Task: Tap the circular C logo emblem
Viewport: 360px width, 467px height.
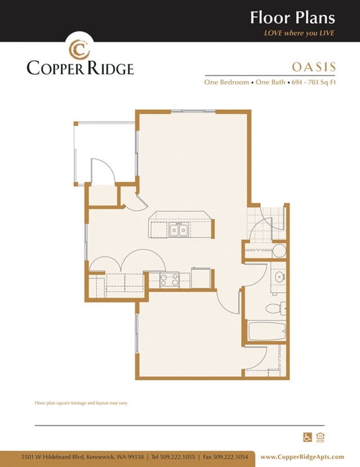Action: (x=80, y=48)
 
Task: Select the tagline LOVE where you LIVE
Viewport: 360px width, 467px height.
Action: (x=299, y=33)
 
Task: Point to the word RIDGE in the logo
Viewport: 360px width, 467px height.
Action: (x=107, y=69)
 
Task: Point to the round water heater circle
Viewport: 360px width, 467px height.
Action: (x=279, y=251)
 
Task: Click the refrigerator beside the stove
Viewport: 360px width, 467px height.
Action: (x=201, y=279)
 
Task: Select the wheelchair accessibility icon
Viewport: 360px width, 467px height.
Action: (x=308, y=437)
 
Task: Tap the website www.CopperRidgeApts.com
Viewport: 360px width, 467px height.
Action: (x=302, y=456)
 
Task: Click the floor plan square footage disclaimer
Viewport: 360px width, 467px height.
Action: (x=81, y=403)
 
